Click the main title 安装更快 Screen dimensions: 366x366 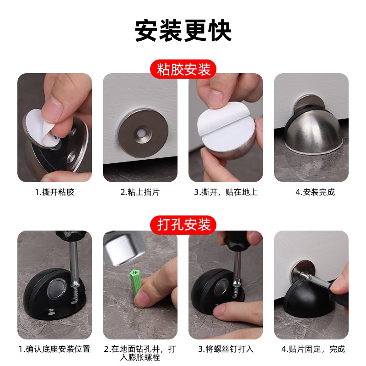(183, 31)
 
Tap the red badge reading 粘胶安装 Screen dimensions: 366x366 (183, 70)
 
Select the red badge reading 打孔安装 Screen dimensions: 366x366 (183, 225)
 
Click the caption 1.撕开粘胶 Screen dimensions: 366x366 (54, 192)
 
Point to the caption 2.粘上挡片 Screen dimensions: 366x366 (140, 192)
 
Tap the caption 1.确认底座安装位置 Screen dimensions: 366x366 (54, 349)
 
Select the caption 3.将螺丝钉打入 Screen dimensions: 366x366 (226, 349)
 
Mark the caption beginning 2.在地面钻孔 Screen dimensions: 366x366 (140, 353)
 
